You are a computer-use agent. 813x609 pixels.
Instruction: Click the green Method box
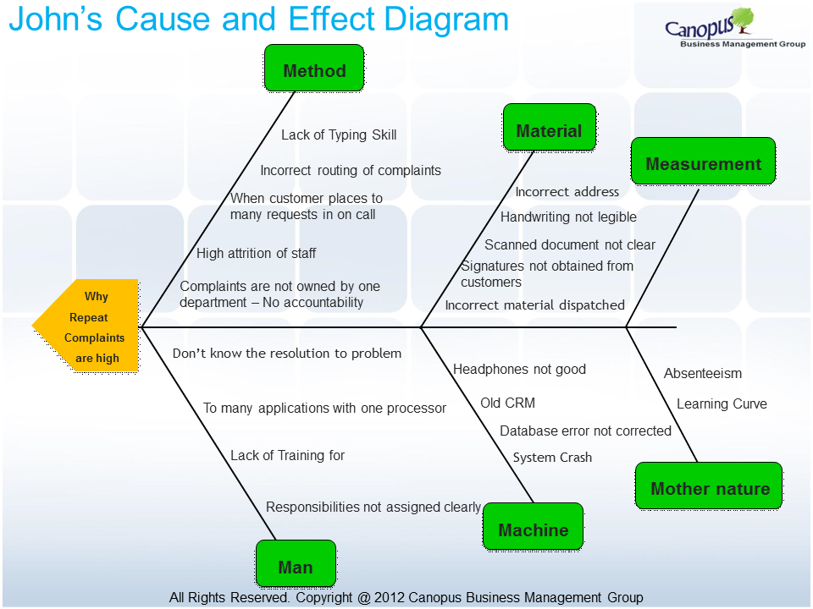pyautogui.click(x=314, y=69)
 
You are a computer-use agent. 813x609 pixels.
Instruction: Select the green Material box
pyautogui.click(x=549, y=128)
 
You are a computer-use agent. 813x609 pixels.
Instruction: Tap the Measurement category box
pyautogui.click(x=703, y=161)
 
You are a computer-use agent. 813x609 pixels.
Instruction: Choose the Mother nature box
pyautogui.click(x=709, y=486)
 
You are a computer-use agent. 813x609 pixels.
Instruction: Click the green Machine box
pyautogui.click(x=533, y=526)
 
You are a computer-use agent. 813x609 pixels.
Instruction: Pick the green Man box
pyautogui.click(x=296, y=563)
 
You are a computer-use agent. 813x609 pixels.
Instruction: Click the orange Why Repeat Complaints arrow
pyautogui.click(x=86, y=326)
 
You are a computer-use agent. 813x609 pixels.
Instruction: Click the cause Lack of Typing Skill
pyautogui.click(x=339, y=135)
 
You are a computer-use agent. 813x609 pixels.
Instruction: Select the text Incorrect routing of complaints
pyautogui.click(x=351, y=170)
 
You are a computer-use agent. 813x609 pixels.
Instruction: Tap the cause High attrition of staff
pyautogui.click(x=256, y=253)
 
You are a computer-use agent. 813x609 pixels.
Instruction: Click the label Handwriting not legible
pyautogui.click(x=568, y=217)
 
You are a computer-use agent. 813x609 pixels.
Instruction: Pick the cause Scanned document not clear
pyautogui.click(x=570, y=245)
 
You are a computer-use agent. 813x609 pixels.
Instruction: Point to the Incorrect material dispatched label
pyautogui.click(x=534, y=305)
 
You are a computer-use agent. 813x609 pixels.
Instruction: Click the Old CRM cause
pyautogui.click(x=507, y=403)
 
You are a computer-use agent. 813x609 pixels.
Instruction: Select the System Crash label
pyautogui.click(x=552, y=458)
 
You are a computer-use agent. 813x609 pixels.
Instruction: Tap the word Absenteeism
pyautogui.click(x=703, y=373)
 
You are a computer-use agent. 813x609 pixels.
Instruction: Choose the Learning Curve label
pyautogui.click(x=722, y=404)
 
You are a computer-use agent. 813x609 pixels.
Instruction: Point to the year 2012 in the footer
pyautogui.click(x=390, y=598)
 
